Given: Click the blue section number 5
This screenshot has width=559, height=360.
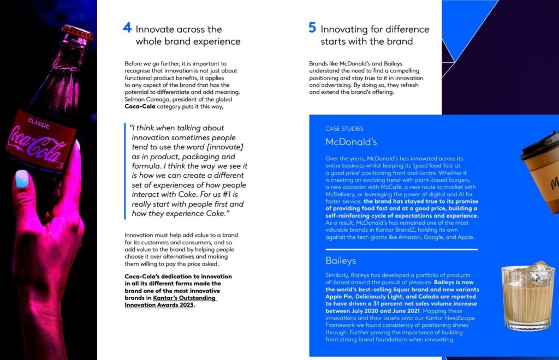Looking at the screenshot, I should click(x=312, y=28).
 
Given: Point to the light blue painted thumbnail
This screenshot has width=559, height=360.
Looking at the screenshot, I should click(x=22, y=178).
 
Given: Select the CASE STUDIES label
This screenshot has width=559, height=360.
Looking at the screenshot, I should click(x=344, y=129).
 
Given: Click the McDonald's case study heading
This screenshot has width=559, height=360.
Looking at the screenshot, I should click(x=351, y=142).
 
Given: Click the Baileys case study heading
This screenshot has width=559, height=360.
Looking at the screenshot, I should click(x=341, y=260).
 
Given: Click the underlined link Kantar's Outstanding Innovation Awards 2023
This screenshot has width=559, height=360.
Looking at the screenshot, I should click(x=170, y=302).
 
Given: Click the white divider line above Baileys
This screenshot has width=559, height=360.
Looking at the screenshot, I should click(x=401, y=249).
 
